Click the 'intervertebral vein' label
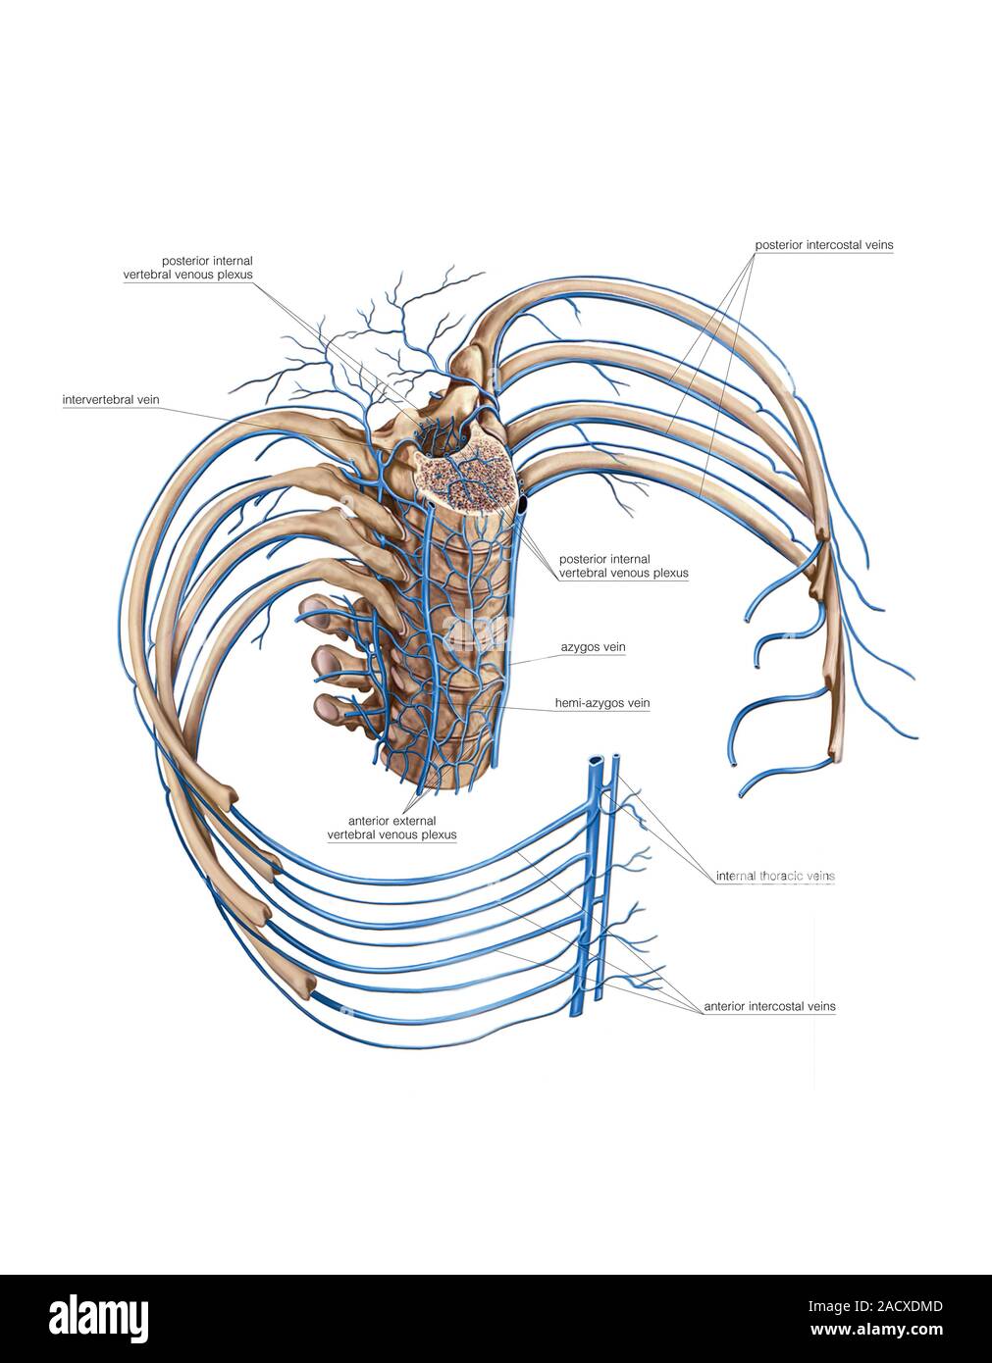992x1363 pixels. point(111,400)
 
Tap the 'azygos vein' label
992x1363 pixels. point(593,648)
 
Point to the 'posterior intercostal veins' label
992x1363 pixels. point(822,243)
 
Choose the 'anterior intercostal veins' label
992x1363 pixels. point(769,1006)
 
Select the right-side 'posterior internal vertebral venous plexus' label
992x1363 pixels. point(623,566)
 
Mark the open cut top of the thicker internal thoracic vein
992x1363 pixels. point(597,761)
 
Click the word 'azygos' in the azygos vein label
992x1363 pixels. point(581,648)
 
